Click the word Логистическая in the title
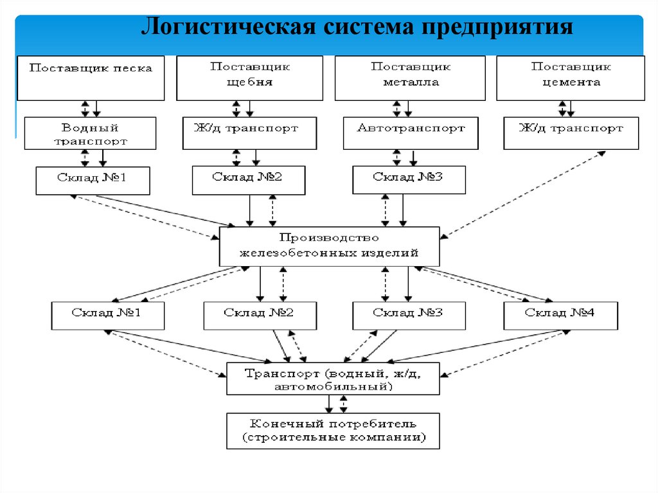(231, 28)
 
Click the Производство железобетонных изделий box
(329, 246)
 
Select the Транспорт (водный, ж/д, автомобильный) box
(333, 379)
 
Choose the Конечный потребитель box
(333, 431)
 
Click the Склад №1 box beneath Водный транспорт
(93, 181)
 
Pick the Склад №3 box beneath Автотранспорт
(409, 181)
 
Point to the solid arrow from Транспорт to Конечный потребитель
(329, 404)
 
